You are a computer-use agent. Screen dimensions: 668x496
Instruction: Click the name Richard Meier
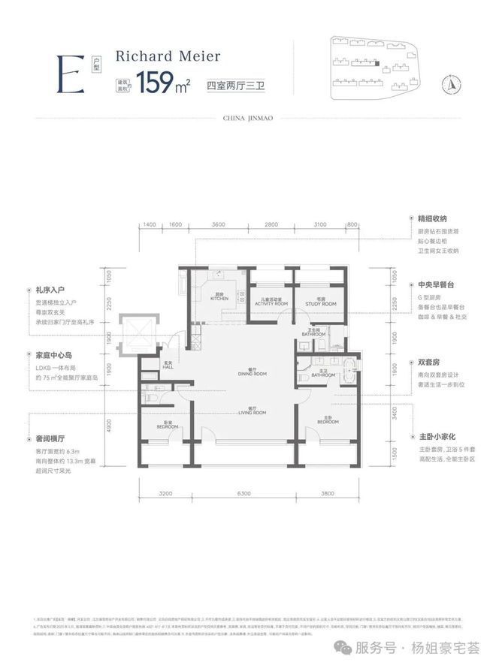pyautogui.click(x=158, y=56)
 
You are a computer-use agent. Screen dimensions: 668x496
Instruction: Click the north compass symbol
pyautogui.click(x=454, y=83)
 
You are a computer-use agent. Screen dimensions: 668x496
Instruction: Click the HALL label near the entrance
pyautogui.click(x=168, y=368)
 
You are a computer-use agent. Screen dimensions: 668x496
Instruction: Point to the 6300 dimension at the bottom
pyautogui.click(x=242, y=494)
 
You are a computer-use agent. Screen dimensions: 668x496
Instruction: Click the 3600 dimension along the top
pyautogui.click(x=219, y=224)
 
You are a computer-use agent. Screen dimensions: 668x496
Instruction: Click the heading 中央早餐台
pyautogui.click(x=435, y=285)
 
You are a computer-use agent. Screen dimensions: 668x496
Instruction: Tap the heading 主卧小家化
pyautogui.click(x=435, y=435)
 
